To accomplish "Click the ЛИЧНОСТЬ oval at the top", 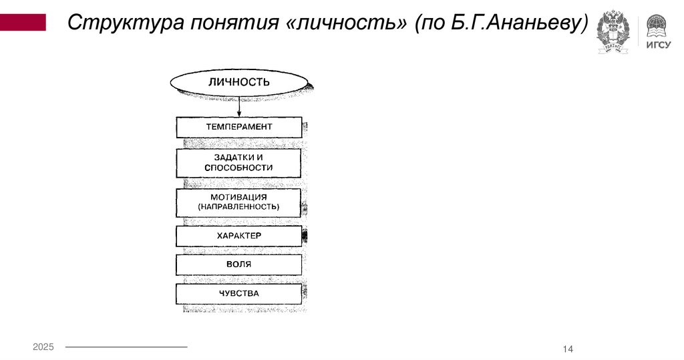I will [x=239, y=82].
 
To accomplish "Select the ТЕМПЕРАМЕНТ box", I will [x=239, y=127].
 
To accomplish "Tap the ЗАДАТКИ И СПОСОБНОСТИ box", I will [x=239, y=162].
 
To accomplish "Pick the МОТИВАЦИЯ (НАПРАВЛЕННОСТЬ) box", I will [x=239, y=202].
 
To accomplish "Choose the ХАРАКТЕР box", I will [x=239, y=236].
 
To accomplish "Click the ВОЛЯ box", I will [x=239, y=264].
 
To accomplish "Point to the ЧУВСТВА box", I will [x=239, y=294].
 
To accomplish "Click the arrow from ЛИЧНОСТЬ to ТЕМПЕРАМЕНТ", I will [x=239, y=107].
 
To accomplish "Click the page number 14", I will [x=568, y=349].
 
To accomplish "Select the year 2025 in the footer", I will [x=43, y=347].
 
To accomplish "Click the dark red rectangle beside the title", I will [x=23, y=23].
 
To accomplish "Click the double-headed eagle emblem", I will [x=613, y=31].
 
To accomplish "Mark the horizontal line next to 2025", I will [x=126, y=347].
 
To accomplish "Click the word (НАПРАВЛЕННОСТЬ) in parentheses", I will [x=239, y=208].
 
